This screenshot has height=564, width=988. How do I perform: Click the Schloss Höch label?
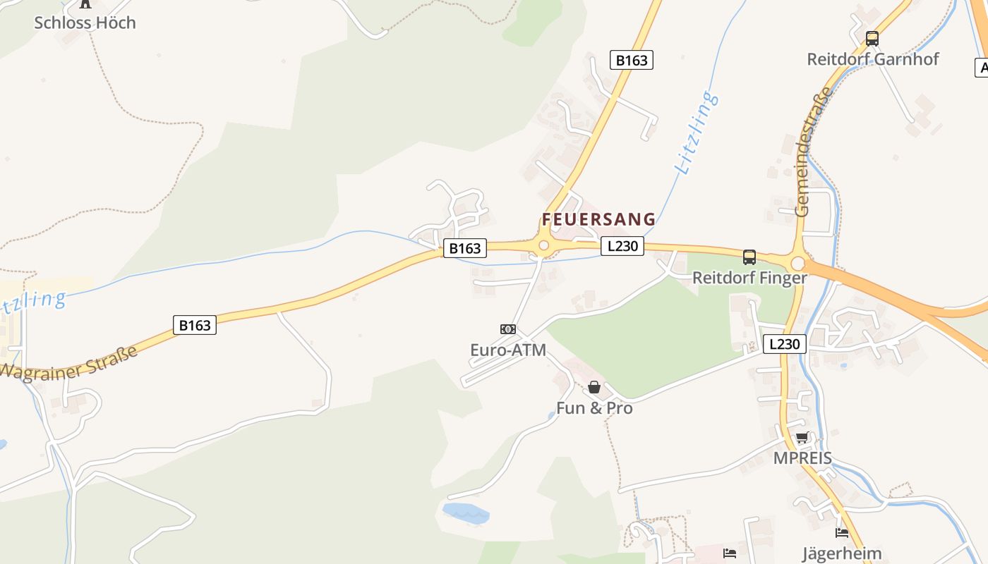[85, 23]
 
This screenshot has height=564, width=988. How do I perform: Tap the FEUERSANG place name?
[598, 219]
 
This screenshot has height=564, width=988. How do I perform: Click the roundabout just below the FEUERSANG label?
[543, 246]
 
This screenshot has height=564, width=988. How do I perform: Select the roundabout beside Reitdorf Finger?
[798, 263]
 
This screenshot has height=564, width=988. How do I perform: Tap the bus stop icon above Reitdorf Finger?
[749, 257]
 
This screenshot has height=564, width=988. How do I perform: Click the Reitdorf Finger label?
[749, 278]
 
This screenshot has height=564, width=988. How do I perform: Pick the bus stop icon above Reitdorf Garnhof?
[872, 39]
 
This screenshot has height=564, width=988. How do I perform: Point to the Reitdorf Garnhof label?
[872, 59]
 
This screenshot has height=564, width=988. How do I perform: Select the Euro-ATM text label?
[508, 350]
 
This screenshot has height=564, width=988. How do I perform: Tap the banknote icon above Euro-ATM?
[508, 329]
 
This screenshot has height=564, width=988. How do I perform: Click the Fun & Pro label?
[594, 408]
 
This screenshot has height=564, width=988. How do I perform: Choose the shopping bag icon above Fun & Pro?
[594, 387]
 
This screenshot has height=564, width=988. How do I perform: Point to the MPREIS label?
[802, 458]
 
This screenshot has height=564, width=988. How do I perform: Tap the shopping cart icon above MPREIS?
[802, 438]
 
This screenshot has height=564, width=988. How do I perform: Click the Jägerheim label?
[842, 553]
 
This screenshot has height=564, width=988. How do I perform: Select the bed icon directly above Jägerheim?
[842, 533]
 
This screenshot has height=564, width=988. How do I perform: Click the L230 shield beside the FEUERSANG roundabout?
[622, 246]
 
